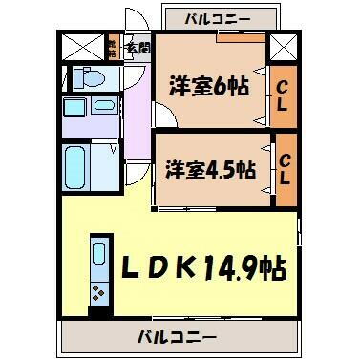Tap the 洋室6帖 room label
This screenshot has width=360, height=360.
(x=209, y=86)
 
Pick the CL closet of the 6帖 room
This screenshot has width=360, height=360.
(x=284, y=98)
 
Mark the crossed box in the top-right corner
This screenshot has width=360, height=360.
(x=281, y=46)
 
